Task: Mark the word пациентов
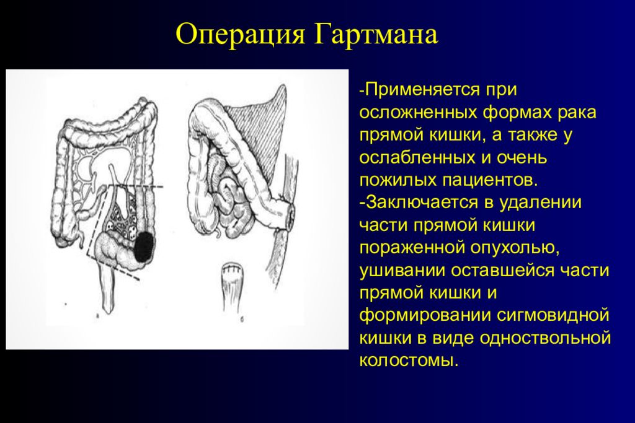point(484,180)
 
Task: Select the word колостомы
point(409,360)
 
